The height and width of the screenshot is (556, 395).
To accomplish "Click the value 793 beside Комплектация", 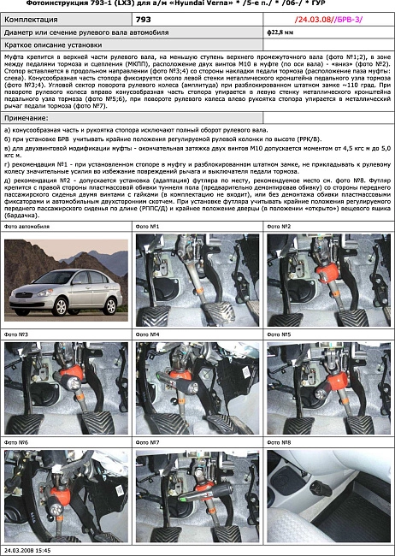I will pyautogui.click(x=144, y=18).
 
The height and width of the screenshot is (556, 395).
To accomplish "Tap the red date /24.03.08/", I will pyautogui.click(x=315, y=18).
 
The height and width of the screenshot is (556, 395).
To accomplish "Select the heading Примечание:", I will pyautogui.click(x=31, y=115).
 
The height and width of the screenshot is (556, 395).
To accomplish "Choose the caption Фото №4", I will pyautogui.click(x=148, y=334).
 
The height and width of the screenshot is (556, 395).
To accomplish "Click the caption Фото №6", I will pyautogui.click(x=16, y=442).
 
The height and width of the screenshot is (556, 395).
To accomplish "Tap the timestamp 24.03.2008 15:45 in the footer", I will pyautogui.click(x=28, y=551).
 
